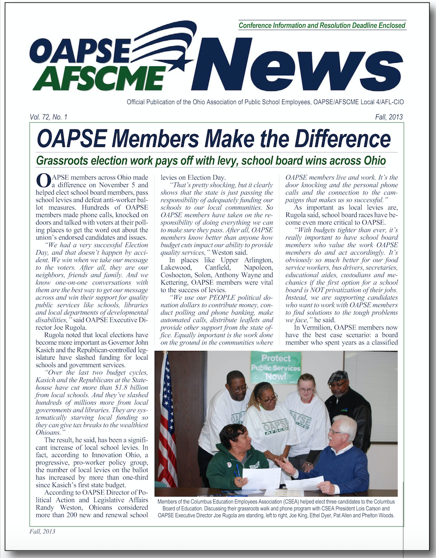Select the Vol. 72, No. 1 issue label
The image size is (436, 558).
click(x=49, y=117)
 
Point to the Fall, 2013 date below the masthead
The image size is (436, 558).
click(x=389, y=117)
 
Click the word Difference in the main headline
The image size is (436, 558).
click(x=343, y=139)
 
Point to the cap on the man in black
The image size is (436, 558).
click(x=338, y=376)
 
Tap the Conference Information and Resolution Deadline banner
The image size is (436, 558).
click(x=322, y=26)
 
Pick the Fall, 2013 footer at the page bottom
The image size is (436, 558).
click(x=42, y=532)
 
